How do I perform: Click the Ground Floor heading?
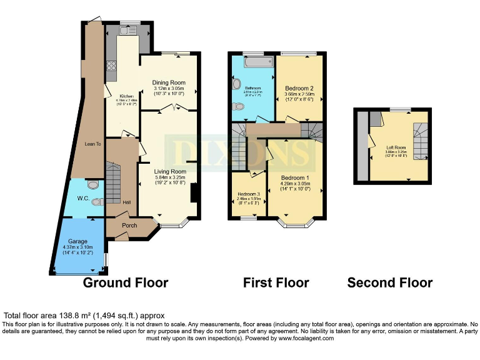126,282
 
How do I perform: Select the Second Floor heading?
390,282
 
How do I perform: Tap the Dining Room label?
169,82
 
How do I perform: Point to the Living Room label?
171,171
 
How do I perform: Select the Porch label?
129,226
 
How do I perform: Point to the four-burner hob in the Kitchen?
112,65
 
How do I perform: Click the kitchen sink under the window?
129,31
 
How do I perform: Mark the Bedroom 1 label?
297,178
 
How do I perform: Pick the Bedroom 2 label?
299,88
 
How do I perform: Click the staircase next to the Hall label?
113,181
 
